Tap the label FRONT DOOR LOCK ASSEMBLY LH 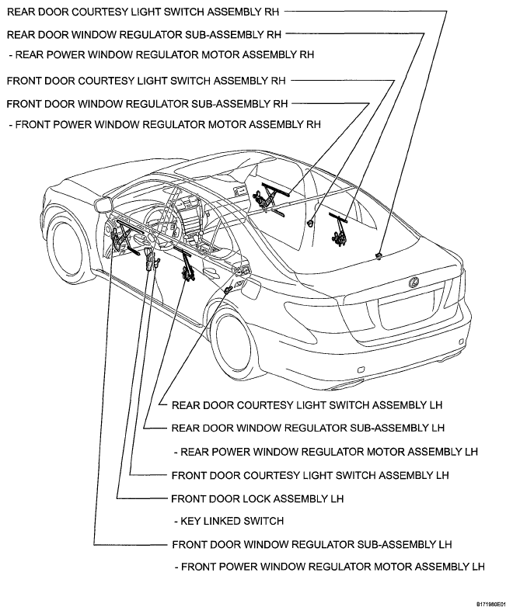pos(257,498)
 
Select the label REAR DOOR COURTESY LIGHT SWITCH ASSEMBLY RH pos(145,12)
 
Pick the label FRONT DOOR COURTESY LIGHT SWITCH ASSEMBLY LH pos(310,475)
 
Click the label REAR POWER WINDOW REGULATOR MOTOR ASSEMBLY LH pos(326,452)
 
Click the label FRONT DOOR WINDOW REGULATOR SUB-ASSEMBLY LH pos(312,544)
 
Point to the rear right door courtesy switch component pos(378,255)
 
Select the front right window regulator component pos(269,196)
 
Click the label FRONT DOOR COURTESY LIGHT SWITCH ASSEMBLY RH pos(146,80)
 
